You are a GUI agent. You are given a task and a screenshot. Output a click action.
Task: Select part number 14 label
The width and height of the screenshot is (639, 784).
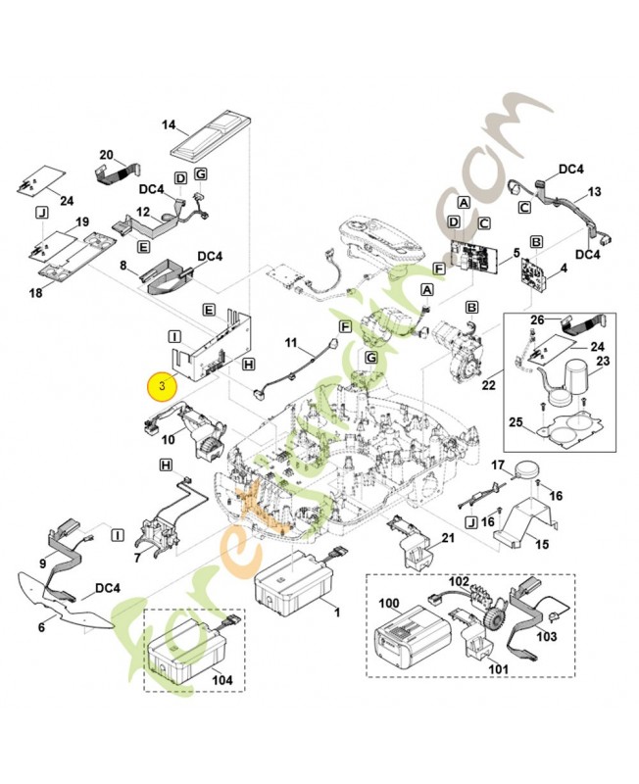(169, 125)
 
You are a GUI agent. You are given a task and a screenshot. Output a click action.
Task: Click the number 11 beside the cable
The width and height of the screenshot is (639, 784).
(291, 343)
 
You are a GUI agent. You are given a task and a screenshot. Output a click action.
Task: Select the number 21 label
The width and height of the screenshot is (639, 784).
(449, 539)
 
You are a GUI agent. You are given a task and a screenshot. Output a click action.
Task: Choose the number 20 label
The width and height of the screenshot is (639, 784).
(107, 155)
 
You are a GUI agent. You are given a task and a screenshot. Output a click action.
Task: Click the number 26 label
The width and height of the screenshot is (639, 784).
(536, 319)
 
